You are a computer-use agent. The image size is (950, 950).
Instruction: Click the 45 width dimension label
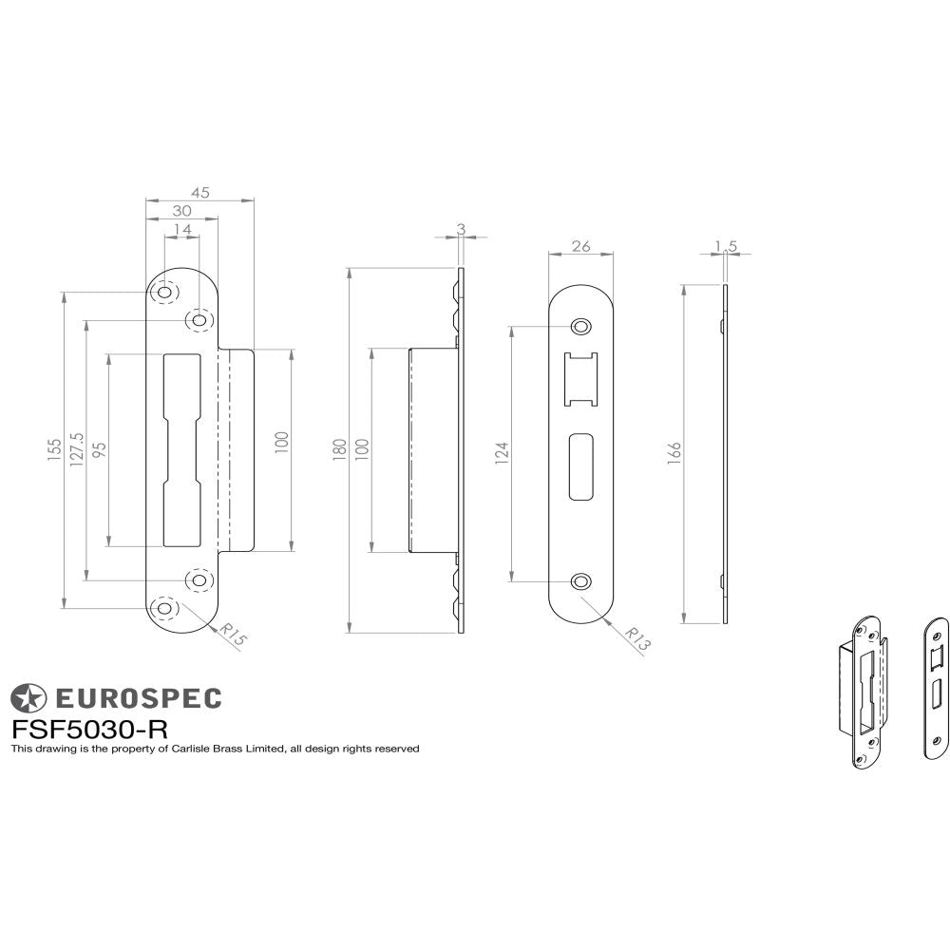(199, 192)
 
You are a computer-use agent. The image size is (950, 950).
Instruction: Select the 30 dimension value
(180, 211)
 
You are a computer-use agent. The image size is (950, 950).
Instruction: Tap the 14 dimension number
(182, 230)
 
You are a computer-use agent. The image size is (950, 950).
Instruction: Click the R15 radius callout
(231, 635)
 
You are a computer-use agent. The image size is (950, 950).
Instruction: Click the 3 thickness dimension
(461, 228)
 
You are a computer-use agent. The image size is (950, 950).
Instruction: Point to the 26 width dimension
(581, 246)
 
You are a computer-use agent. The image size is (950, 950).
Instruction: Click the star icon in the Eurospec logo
(28, 698)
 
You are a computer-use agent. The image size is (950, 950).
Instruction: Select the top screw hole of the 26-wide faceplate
(580, 328)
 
